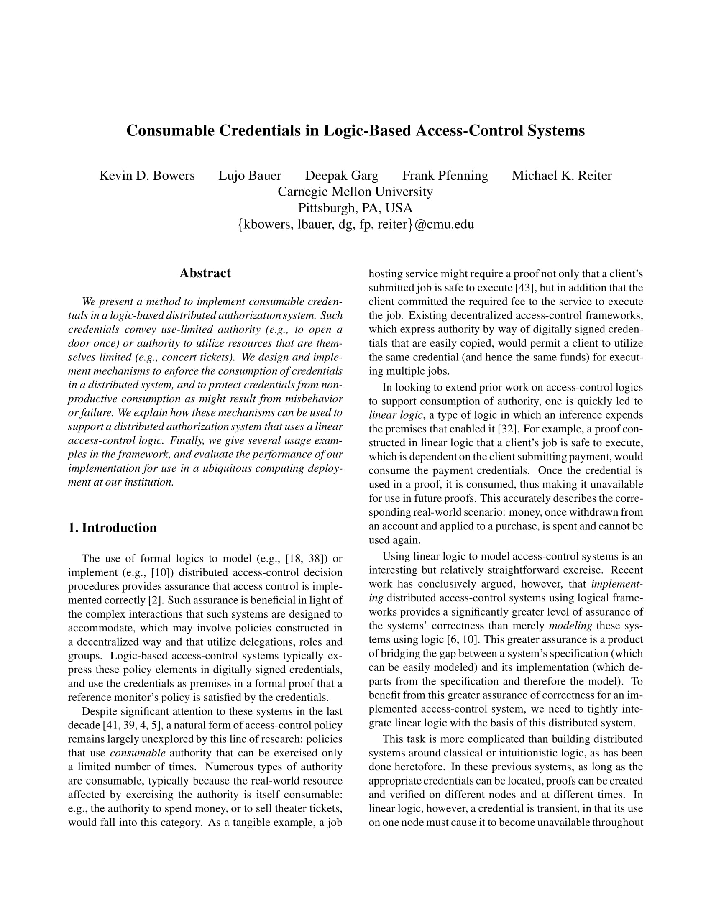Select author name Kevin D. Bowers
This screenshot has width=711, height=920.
[x=147, y=175]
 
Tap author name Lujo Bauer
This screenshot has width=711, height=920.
[x=249, y=175]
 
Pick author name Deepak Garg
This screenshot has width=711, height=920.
[x=341, y=175]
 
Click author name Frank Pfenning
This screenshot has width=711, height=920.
[x=445, y=175]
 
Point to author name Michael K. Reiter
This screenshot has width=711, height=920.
[x=561, y=175]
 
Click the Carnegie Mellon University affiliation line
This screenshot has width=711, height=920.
[x=355, y=192]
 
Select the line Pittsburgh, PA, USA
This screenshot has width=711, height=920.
[x=355, y=208]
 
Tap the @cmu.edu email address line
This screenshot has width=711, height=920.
[x=355, y=224]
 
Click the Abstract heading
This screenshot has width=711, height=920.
[x=205, y=273]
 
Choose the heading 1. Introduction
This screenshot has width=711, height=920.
[x=113, y=528]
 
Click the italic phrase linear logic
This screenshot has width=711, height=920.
[x=396, y=415]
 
